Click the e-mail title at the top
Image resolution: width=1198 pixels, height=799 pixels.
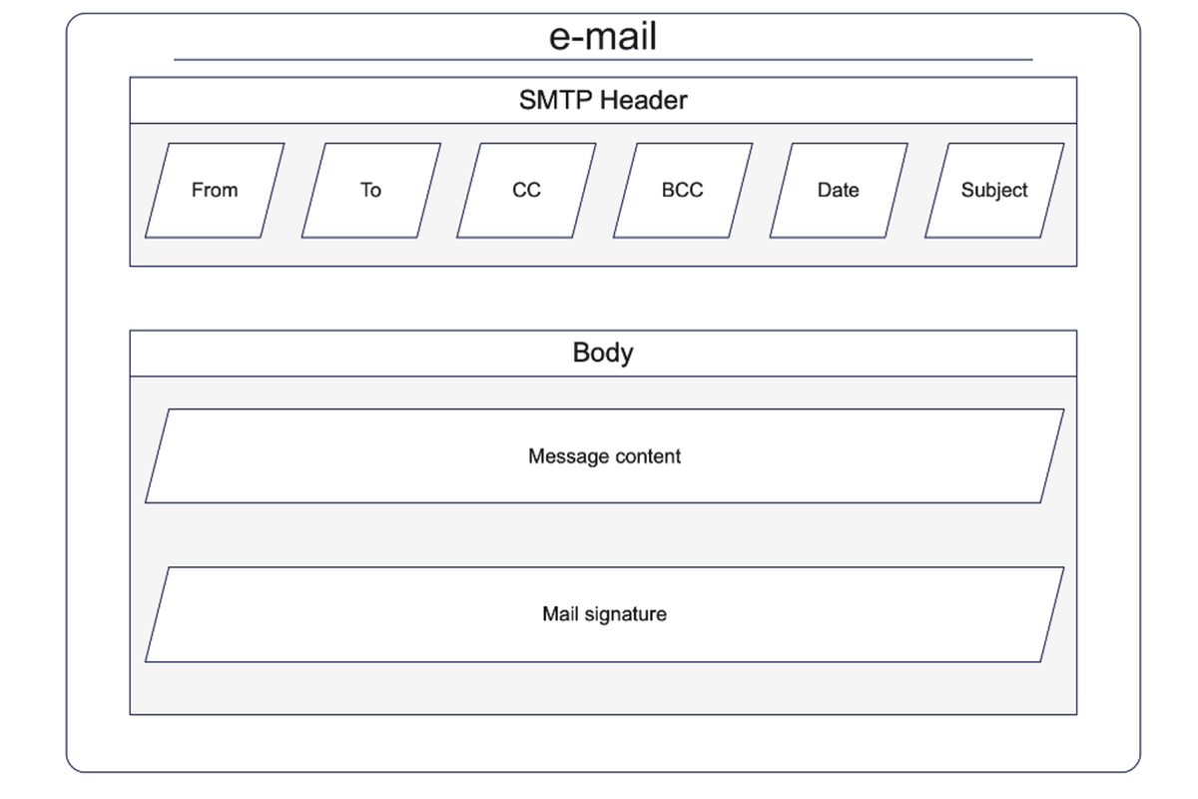pyautogui.click(x=603, y=36)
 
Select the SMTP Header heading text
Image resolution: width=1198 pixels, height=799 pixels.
pyautogui.click(x=603, y=100)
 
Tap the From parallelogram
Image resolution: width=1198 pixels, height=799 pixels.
pyautogui.click(x=215, y=190)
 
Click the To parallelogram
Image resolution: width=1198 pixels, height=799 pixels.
pyautogui.click(x=371, y=190)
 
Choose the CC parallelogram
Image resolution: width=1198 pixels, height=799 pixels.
pyautogui.click(x=526, y=190)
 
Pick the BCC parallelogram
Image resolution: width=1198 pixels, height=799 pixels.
pyautogui.click(x=683, y=190)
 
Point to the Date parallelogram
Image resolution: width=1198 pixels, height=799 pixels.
pyautogui.click(x=839, y=190)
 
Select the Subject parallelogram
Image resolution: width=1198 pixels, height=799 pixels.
pyautogui.click(x=994, y=190)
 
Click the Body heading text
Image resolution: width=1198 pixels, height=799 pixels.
pyautogui.click(x=603, y=354)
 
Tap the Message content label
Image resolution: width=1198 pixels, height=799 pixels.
pyautogui.click(x=604, y=456)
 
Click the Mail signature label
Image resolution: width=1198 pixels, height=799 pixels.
pyautogui.click(x=604, y=614)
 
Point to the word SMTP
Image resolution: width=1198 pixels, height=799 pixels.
pyautogui.click(x=556, y=100)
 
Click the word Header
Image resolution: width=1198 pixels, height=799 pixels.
pyautogui.click(x=643, y=100)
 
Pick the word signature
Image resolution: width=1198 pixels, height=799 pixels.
pyautogui.click(x=626, y=614)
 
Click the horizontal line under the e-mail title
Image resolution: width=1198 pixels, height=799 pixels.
pyautogui.click(x=603, y=60)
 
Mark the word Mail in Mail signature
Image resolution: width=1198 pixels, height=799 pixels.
pyautogui.click(x=560, y=613)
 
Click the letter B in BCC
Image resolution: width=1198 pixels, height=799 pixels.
pyautogui.click(x=668, y=190)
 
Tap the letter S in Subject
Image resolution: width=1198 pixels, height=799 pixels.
pyautogui.click(x=967, y=190)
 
